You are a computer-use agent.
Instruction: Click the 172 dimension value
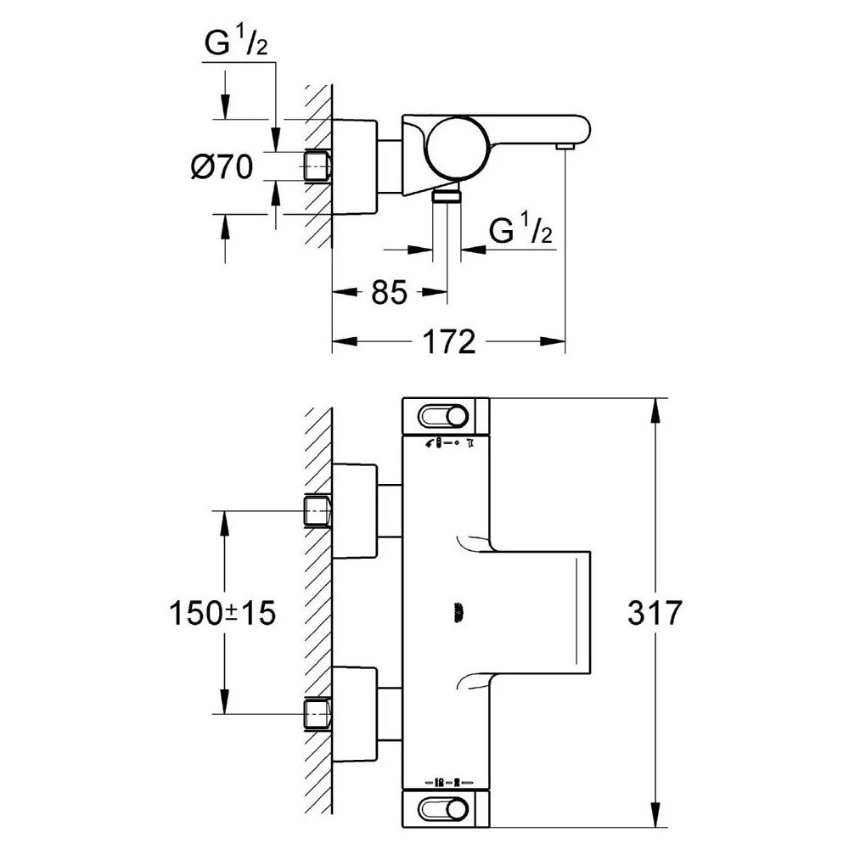pyautogui.click(x=449, y=341)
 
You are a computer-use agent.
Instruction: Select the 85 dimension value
pyautogui.click(x=389, y=293)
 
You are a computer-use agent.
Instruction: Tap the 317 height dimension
pyautogui.click(x=655, y=613)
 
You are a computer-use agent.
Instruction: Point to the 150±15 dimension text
pyautogui.click(x=222, y=613)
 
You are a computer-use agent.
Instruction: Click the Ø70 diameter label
pyautogui.click(x=222, y=166)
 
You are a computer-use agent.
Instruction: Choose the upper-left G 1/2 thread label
pyautogui.click(x=236, y=42)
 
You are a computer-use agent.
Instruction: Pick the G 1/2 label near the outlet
pyautogui.click(x=520, y=229)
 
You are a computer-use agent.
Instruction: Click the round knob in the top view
pyautogui.click(x=459, y=148)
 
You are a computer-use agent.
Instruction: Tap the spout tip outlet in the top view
pyautogui.click(x=565, y=147)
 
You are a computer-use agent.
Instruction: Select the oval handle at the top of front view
pyautogui.click(x=442, y=417)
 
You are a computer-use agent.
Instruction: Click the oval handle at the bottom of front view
pyautogui.click(x=442, y=809)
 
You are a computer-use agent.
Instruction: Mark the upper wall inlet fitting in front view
pyautogui.click(x=318, y=510)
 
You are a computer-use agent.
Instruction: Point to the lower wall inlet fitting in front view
pyautogui.click(x=318, y=714)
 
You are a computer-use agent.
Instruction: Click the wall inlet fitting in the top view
pyautogui.click(x=318, y=166)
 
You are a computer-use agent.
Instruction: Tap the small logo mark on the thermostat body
pyautogui.click(x=459, y=613)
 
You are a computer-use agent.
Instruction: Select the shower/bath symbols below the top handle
pyautogui.click(x=449, y=443)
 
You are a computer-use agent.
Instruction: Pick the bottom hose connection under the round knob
pyautogui.click(x=447, y=195)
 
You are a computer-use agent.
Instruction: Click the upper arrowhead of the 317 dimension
pyautogui.click(x=655, y=412)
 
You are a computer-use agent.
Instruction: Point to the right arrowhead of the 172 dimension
pyautogui.click(x=553, y=341)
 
